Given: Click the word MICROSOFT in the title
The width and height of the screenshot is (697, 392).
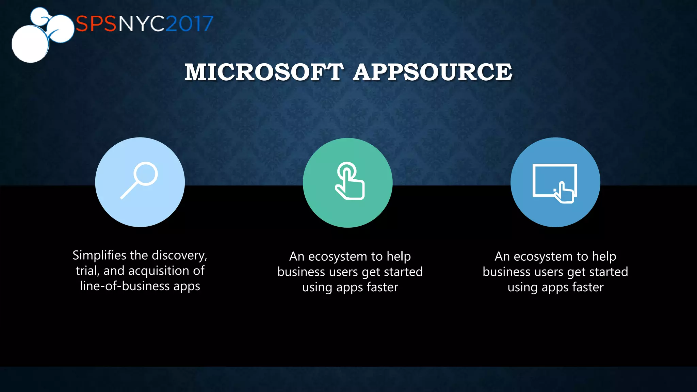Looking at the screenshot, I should point(264,72).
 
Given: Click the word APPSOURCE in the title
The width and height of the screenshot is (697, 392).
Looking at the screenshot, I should point(432,72).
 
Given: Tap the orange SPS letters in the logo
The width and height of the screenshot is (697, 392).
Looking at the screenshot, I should point(96,24).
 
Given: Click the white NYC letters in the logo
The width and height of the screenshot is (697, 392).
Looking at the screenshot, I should point(142,24).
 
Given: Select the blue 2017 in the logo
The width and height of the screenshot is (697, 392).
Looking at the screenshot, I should point(190,24).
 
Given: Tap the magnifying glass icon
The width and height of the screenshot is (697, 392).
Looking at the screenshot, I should point(140,180).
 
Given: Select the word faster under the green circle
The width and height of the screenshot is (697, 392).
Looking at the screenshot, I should point(383,288).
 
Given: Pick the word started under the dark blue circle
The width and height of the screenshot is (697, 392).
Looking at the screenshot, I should point(608,272).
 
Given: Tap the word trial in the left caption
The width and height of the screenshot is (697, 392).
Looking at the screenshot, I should point(87,271).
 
